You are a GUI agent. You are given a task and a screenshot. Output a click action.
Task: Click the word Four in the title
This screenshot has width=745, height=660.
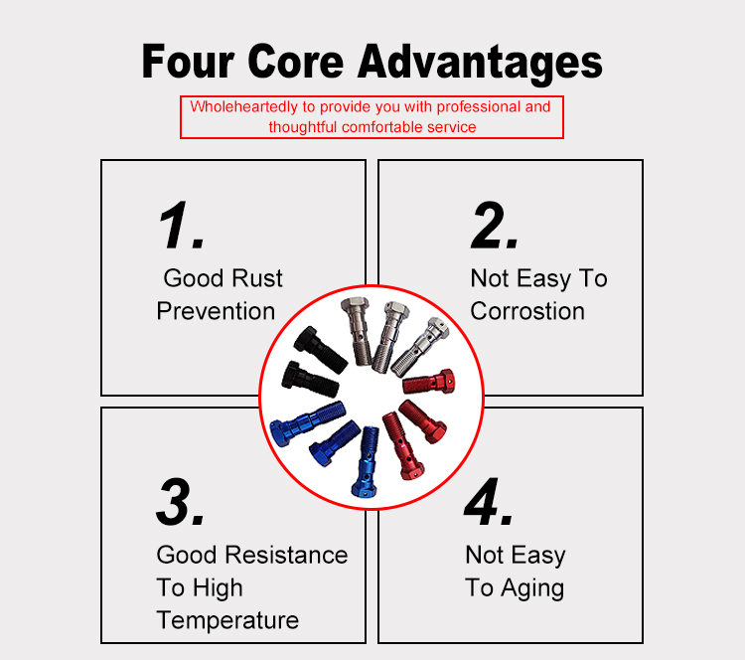188,61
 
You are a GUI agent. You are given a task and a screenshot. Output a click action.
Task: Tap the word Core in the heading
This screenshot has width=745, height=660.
296,61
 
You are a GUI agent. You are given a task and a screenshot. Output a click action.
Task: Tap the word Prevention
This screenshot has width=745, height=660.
216,311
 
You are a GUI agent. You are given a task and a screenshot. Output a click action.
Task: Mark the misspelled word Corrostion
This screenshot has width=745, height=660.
527,311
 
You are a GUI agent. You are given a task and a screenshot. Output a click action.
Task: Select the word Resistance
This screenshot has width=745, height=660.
286,555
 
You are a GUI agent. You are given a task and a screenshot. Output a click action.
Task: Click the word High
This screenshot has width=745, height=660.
219,588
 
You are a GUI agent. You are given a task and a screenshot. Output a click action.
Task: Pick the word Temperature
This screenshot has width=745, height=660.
227,621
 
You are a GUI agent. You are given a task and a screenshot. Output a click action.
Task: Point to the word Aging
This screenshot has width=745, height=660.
532,588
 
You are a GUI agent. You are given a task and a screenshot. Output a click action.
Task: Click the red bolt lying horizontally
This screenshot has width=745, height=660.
428,382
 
